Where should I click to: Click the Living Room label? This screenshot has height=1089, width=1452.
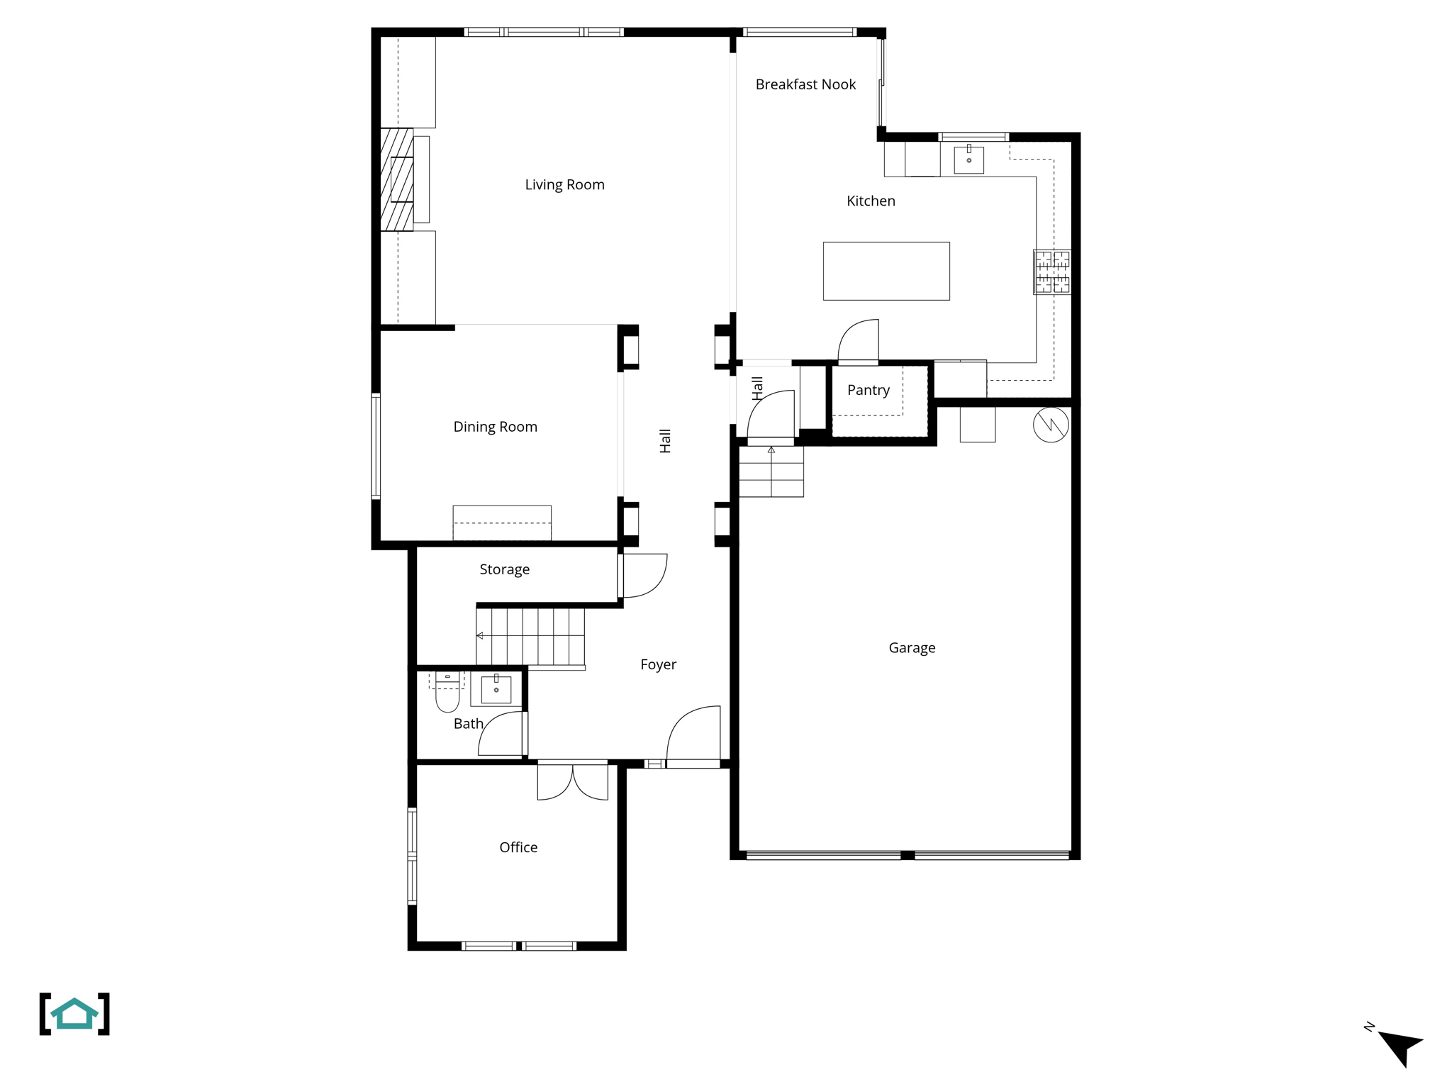[564, 185]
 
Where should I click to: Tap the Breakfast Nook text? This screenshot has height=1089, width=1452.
[805, 85]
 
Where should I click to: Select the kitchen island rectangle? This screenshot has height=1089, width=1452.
[886, 271]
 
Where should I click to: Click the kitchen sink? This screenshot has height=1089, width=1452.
[968, 160]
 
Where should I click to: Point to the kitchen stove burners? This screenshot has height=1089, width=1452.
[1052, 272]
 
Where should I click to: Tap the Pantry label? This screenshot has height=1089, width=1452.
[868, 391]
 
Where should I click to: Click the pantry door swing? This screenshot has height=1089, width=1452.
[859, 342]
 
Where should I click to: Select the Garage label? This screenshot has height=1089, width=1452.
[912, 648]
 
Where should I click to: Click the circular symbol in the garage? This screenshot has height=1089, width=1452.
[1051, 425]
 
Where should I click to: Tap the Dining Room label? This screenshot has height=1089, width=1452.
[495, 427]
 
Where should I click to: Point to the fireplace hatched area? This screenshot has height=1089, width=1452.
[397, 179]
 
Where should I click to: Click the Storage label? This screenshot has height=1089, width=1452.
[504, 569]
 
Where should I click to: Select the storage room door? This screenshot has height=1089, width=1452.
[643, 575]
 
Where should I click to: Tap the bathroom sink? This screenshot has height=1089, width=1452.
[496, 689]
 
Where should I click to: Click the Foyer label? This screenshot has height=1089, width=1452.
[658, 665]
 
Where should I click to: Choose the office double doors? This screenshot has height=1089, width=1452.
[573, 781]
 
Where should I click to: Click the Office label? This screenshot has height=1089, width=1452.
[518, 848]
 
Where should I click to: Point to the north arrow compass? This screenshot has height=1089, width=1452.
[1399, 1046]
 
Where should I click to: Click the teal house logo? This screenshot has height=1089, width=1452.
[74, 1014]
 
